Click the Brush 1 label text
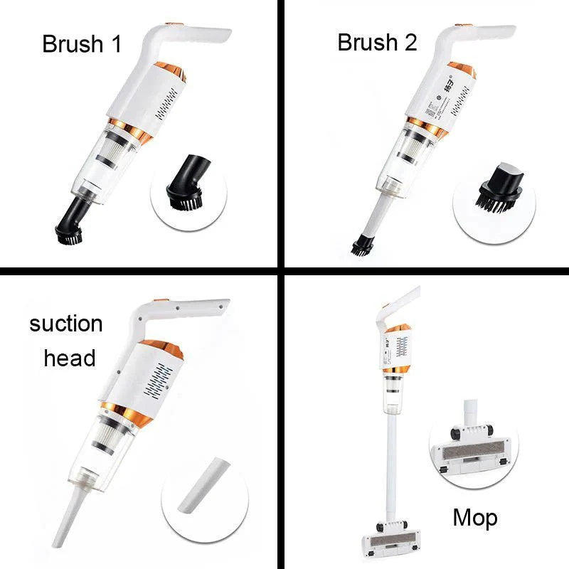[x=82, y=43]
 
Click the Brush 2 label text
[x=377, y=43]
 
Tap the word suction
[x=66, y=324]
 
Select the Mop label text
[x=475, y=517]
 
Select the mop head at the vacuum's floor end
[x=391, y=540]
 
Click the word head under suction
[x=69, y=358]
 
